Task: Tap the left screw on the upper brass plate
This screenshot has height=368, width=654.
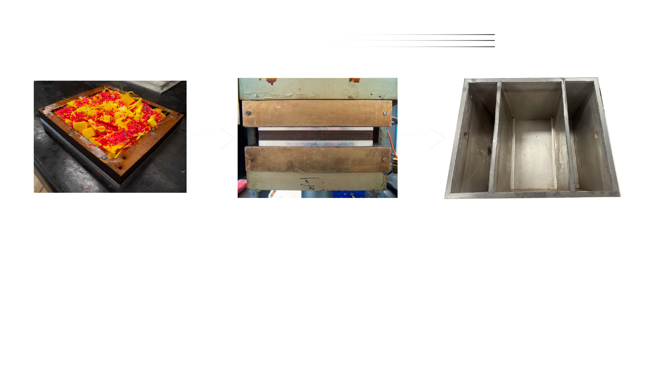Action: (x=248, y=113)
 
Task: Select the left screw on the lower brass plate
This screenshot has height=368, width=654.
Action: (x=251, y=160)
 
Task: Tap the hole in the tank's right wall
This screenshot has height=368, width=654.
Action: (x=596, y=135)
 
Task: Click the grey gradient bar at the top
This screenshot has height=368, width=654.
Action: (x=409, y=44)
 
